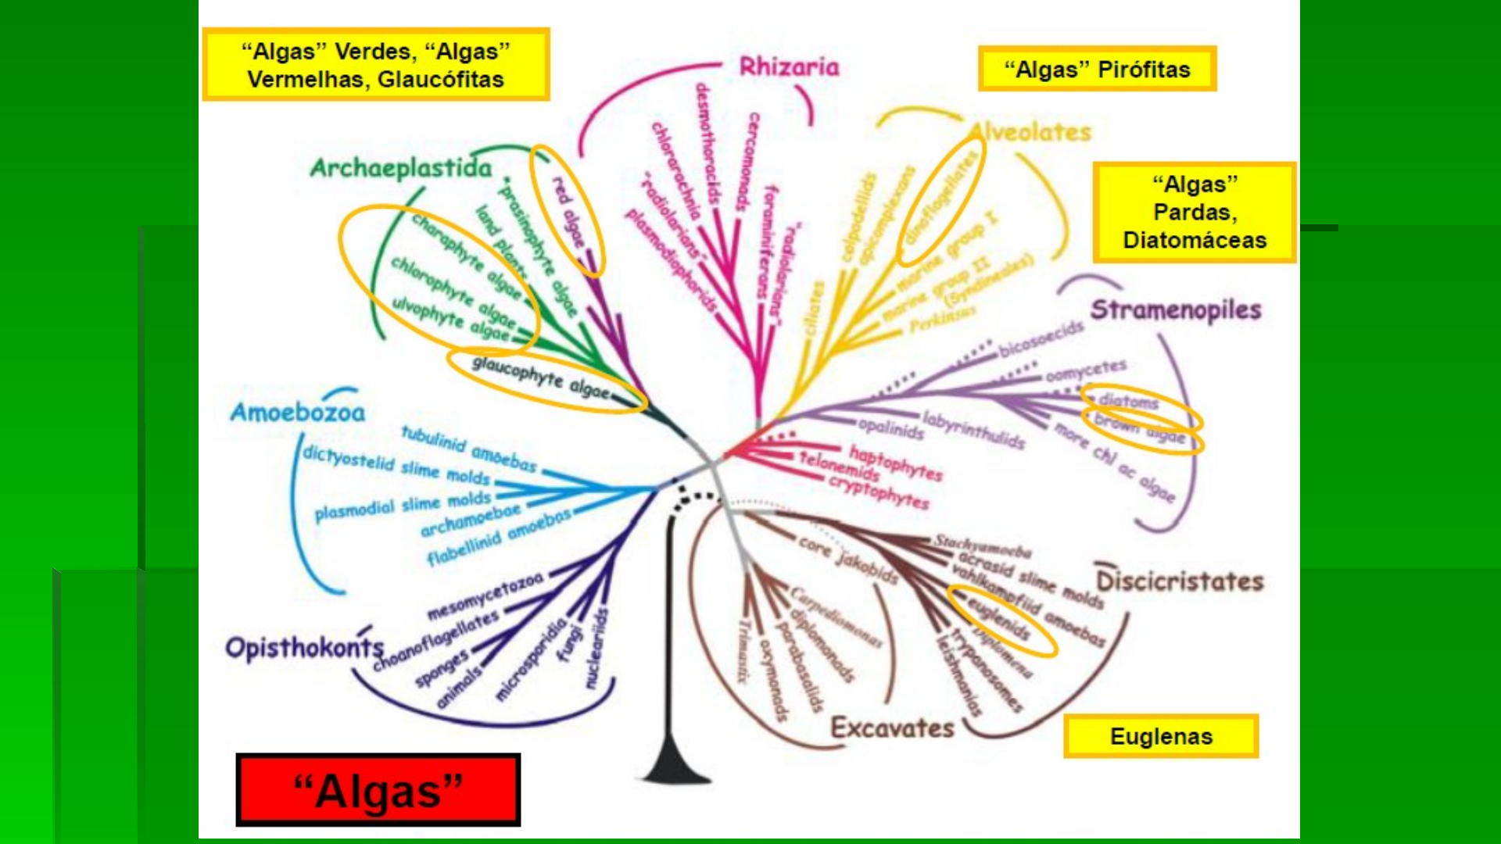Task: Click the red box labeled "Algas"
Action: (378, 790)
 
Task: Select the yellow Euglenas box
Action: (1161, 736)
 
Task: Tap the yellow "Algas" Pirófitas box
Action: (1097, 69)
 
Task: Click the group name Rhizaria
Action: (789, 67)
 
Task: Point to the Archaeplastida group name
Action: (401, 168)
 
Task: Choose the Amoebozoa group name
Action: (297, 413)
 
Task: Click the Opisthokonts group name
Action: (304, 648)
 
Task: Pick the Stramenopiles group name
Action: (1175, 310)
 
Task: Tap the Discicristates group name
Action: (1180, 581)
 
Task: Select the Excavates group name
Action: (892, 728)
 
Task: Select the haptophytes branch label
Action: (896, 463)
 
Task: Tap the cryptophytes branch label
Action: (879, 492)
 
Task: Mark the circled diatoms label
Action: (1128, 401)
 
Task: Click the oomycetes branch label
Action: (1086, 370)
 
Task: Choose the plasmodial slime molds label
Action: (403, 505)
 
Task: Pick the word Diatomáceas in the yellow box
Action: (1195, 240)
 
